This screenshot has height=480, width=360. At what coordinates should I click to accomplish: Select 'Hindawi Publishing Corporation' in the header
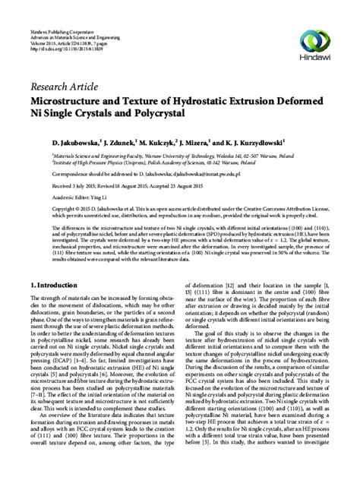(54, 5)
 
